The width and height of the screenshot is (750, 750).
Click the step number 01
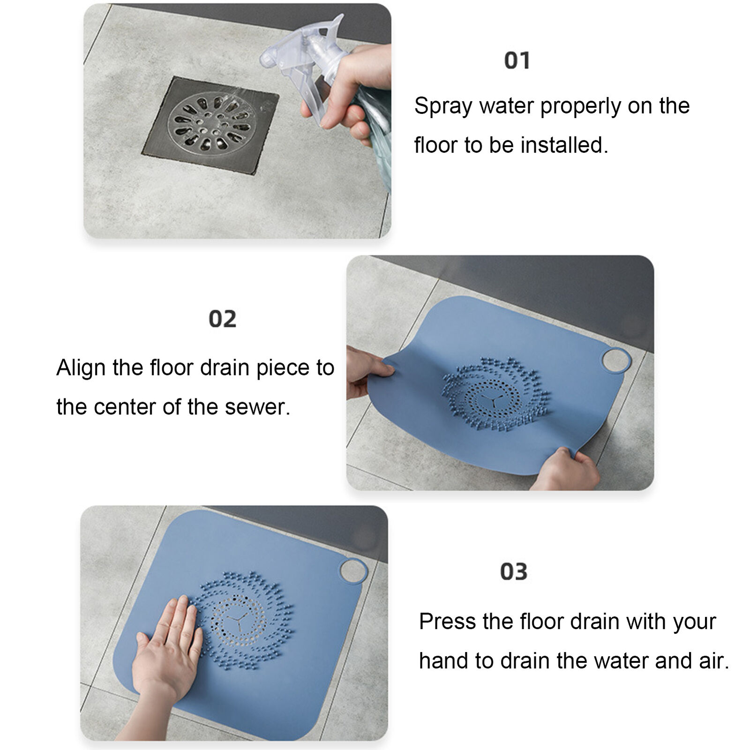[517, 61]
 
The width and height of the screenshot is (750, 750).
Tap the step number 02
[222, 319]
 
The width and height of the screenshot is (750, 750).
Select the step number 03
[514, 572]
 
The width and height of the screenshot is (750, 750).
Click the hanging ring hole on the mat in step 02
[616, 360]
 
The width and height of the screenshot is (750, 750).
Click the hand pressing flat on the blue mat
[166, 652]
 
